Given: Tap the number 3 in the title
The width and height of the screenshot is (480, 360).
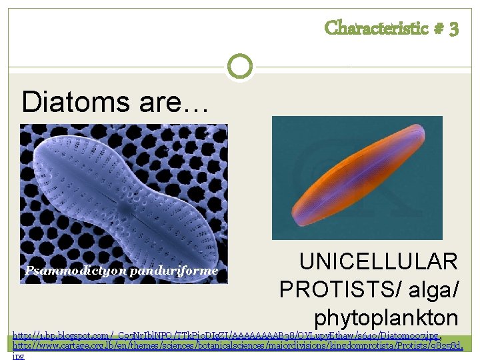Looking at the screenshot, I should click(453, 29).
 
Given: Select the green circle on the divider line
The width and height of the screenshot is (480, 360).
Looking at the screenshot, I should click(239, 67).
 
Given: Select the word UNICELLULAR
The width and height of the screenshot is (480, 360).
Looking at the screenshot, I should click(378, 261).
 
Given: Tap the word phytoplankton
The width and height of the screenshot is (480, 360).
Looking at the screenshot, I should click(386, 317).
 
